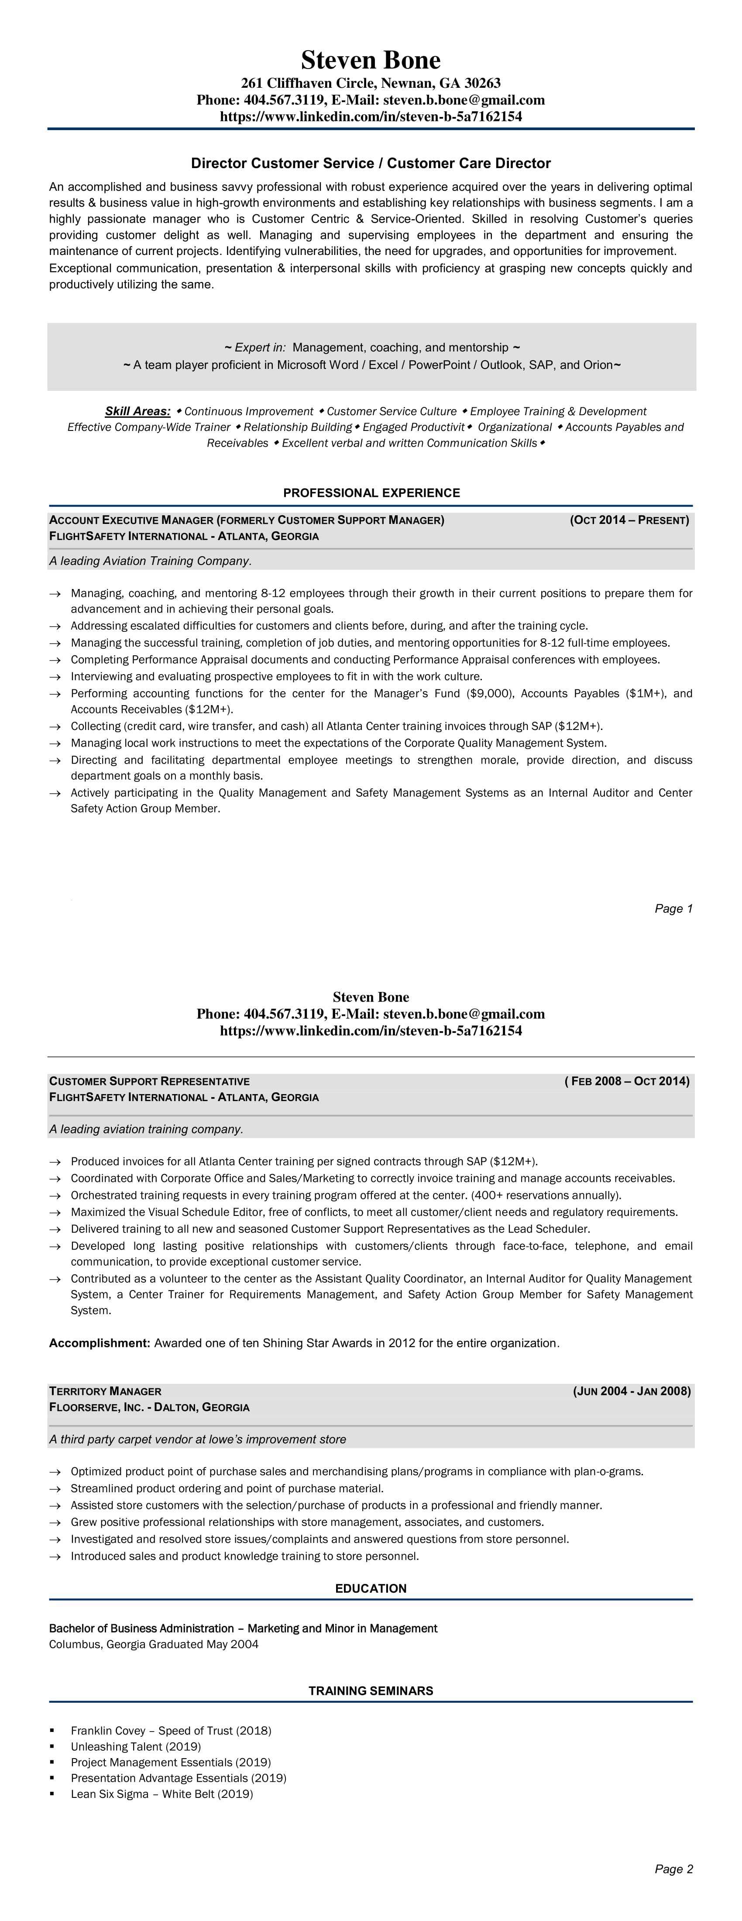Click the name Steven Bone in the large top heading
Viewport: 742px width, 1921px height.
pyautogui.click(x=371, y=60)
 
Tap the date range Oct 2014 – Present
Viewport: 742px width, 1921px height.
pyautogui.click(x=629, y=520)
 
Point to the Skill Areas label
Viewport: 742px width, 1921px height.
pyautogui.click(x=137, y=411)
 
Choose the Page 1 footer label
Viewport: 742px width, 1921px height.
pyautogui.click(x=673, y=908)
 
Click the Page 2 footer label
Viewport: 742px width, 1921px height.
pyautogui.click(x=673, y=1869)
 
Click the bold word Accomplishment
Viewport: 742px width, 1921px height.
pyautogui.click(x=99, y=1343)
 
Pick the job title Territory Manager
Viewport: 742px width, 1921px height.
pyautogui.click(x=105, y=1391)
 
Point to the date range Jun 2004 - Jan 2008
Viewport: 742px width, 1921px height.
pyautogui.click(x=632, y=1391)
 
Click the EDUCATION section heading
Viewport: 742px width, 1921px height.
pyautogui.click(x=371, y=1588)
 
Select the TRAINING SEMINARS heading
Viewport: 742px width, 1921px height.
pyautogui.click(x=371, y=1690)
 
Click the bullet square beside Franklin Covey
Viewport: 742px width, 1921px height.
pyautogui.click(x=52, y=1731)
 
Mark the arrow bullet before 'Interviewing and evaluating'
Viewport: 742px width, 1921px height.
pyautogui.click(x=55, y=676)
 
